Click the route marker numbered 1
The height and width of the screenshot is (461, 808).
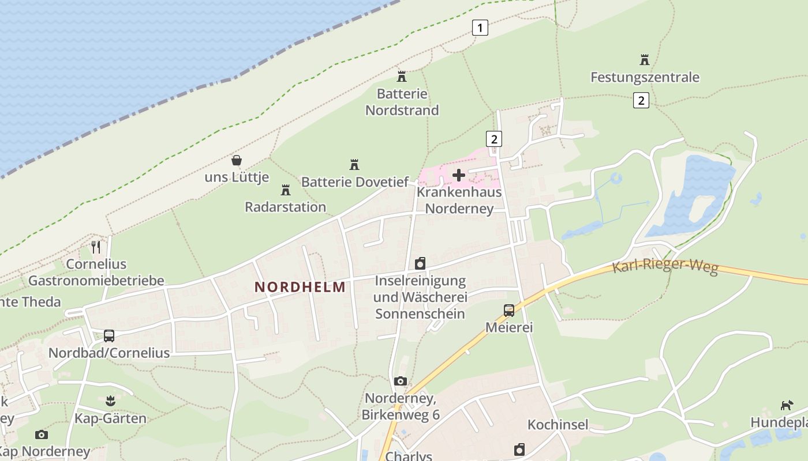click(480, 27)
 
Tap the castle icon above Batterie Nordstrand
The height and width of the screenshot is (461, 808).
click(402, 76)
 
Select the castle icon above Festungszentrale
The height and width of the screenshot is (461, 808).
click(645, 59)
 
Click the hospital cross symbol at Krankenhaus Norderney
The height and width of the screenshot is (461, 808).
click(459, 175)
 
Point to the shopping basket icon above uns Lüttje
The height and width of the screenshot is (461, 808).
click(236, 160)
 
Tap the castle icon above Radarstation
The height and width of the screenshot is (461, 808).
click(285, 190)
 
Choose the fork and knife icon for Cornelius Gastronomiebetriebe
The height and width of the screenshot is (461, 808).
click(96, 247)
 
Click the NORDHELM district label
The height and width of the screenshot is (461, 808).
click(300, 286)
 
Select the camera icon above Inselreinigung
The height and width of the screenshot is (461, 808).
click(420, 263)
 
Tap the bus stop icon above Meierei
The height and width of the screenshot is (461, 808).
click(508, 311)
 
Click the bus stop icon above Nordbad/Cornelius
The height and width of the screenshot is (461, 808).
click(109, 335)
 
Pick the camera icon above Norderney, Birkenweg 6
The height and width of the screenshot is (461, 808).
click(401, 381)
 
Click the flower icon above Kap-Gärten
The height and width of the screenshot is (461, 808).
click(110, 401)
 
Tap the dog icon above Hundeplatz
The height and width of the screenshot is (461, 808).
click(787, 405)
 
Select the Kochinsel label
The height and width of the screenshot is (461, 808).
click(558, 425)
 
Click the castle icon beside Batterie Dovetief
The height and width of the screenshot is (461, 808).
click(354, 165)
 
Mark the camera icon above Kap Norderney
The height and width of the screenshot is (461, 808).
click(41, 434)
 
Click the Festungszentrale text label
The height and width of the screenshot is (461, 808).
click(645, 77)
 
